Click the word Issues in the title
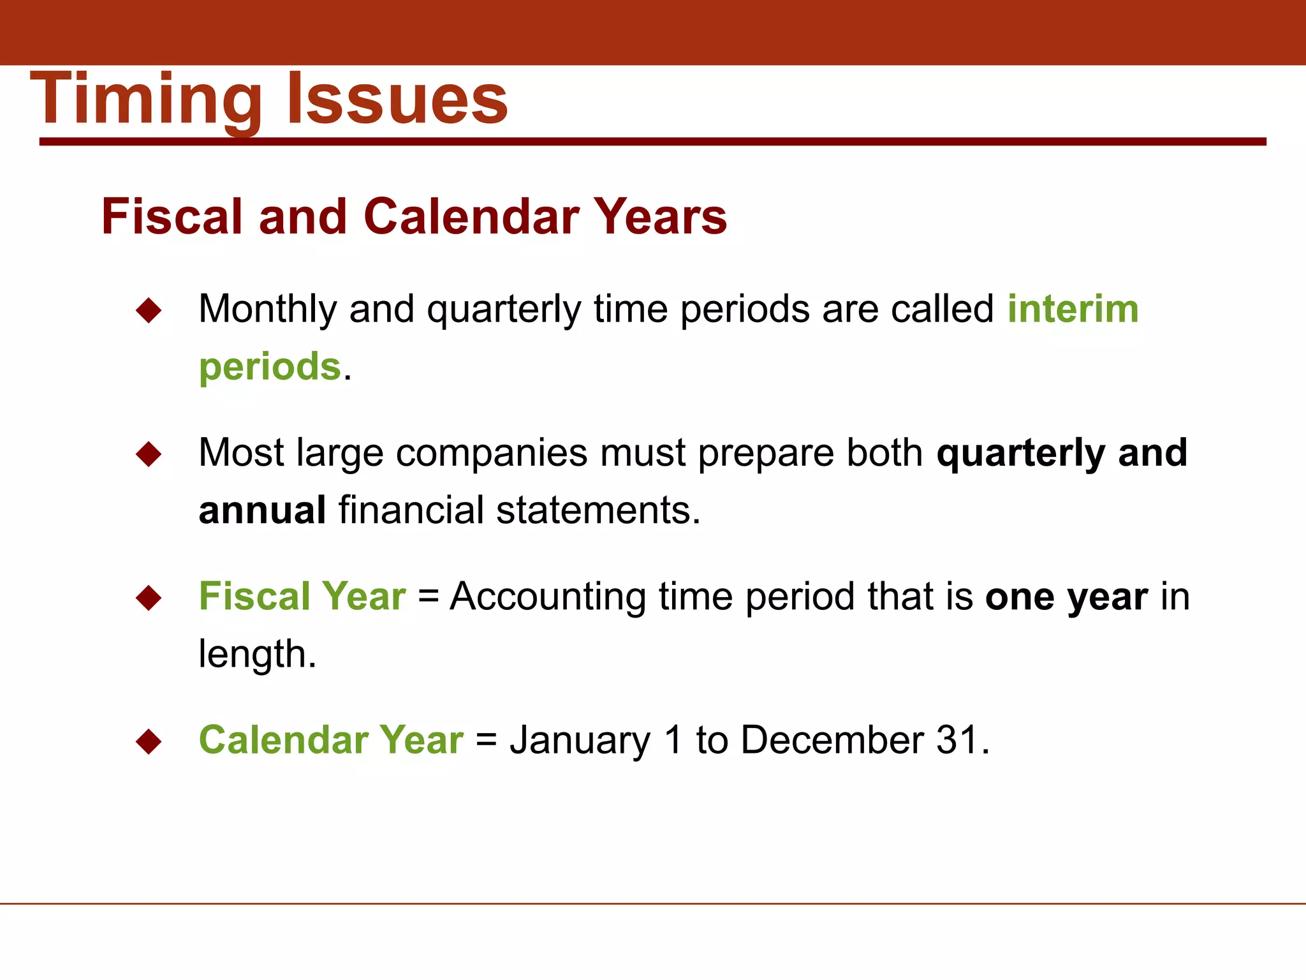click(397, 99)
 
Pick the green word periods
click(270, 367)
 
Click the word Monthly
click(267, 310)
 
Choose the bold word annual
click(262, 510)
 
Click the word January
click(580, 741)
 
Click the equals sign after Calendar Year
click(486, 741)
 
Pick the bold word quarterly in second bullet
click(1020, 454)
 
